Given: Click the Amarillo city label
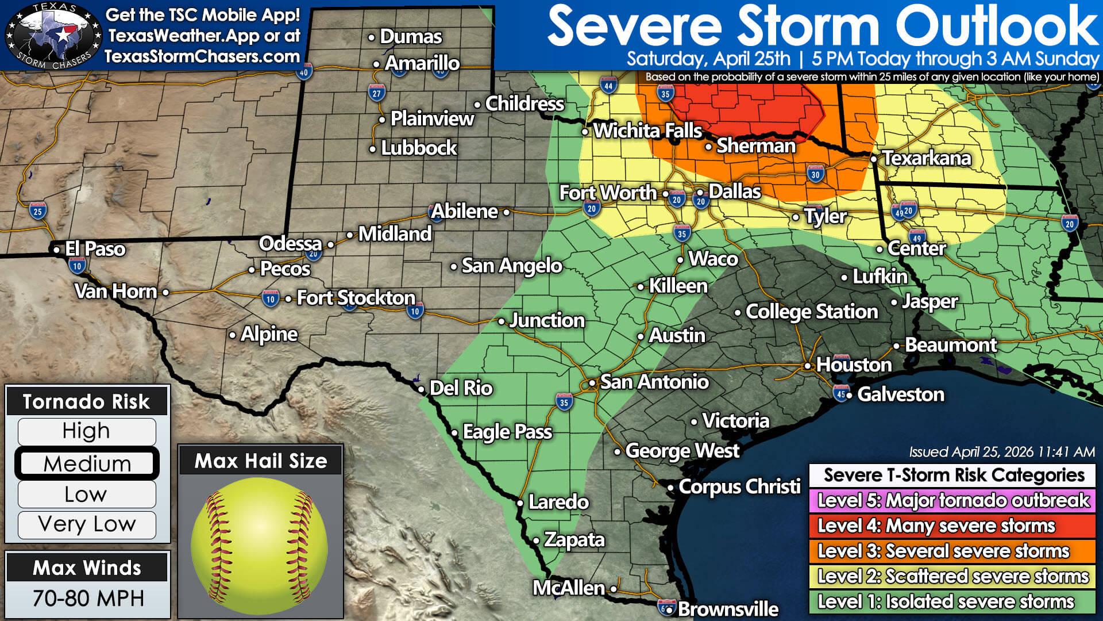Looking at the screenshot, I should point(422,63).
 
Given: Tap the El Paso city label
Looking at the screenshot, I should point(95,249).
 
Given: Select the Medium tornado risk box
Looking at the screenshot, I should point(87,463).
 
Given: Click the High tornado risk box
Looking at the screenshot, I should point(87,431).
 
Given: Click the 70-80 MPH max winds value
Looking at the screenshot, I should point(88,599).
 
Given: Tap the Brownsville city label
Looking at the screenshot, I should point(728,609).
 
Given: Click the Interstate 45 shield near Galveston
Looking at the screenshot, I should point(840,394).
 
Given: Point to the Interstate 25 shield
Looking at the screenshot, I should point(37,211).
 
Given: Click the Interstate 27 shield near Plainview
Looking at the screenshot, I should point(376,93).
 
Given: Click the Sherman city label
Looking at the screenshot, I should point(755,146).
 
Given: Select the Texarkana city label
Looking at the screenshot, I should point(926,158).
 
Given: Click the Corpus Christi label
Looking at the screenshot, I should point(739,487).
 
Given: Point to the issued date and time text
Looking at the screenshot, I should point(1001,453).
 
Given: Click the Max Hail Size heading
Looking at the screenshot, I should point(260,461).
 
